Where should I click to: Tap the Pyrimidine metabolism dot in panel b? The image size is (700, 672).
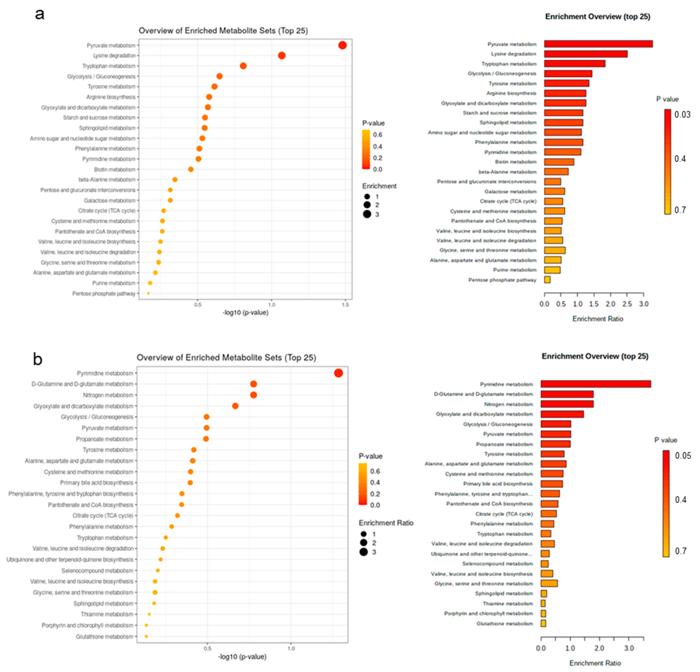338,373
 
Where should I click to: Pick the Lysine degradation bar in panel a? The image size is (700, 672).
586,54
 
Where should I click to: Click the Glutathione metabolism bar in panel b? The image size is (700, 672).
543,623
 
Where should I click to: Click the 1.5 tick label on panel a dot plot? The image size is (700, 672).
345,305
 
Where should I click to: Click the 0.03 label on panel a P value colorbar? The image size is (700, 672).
682,115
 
